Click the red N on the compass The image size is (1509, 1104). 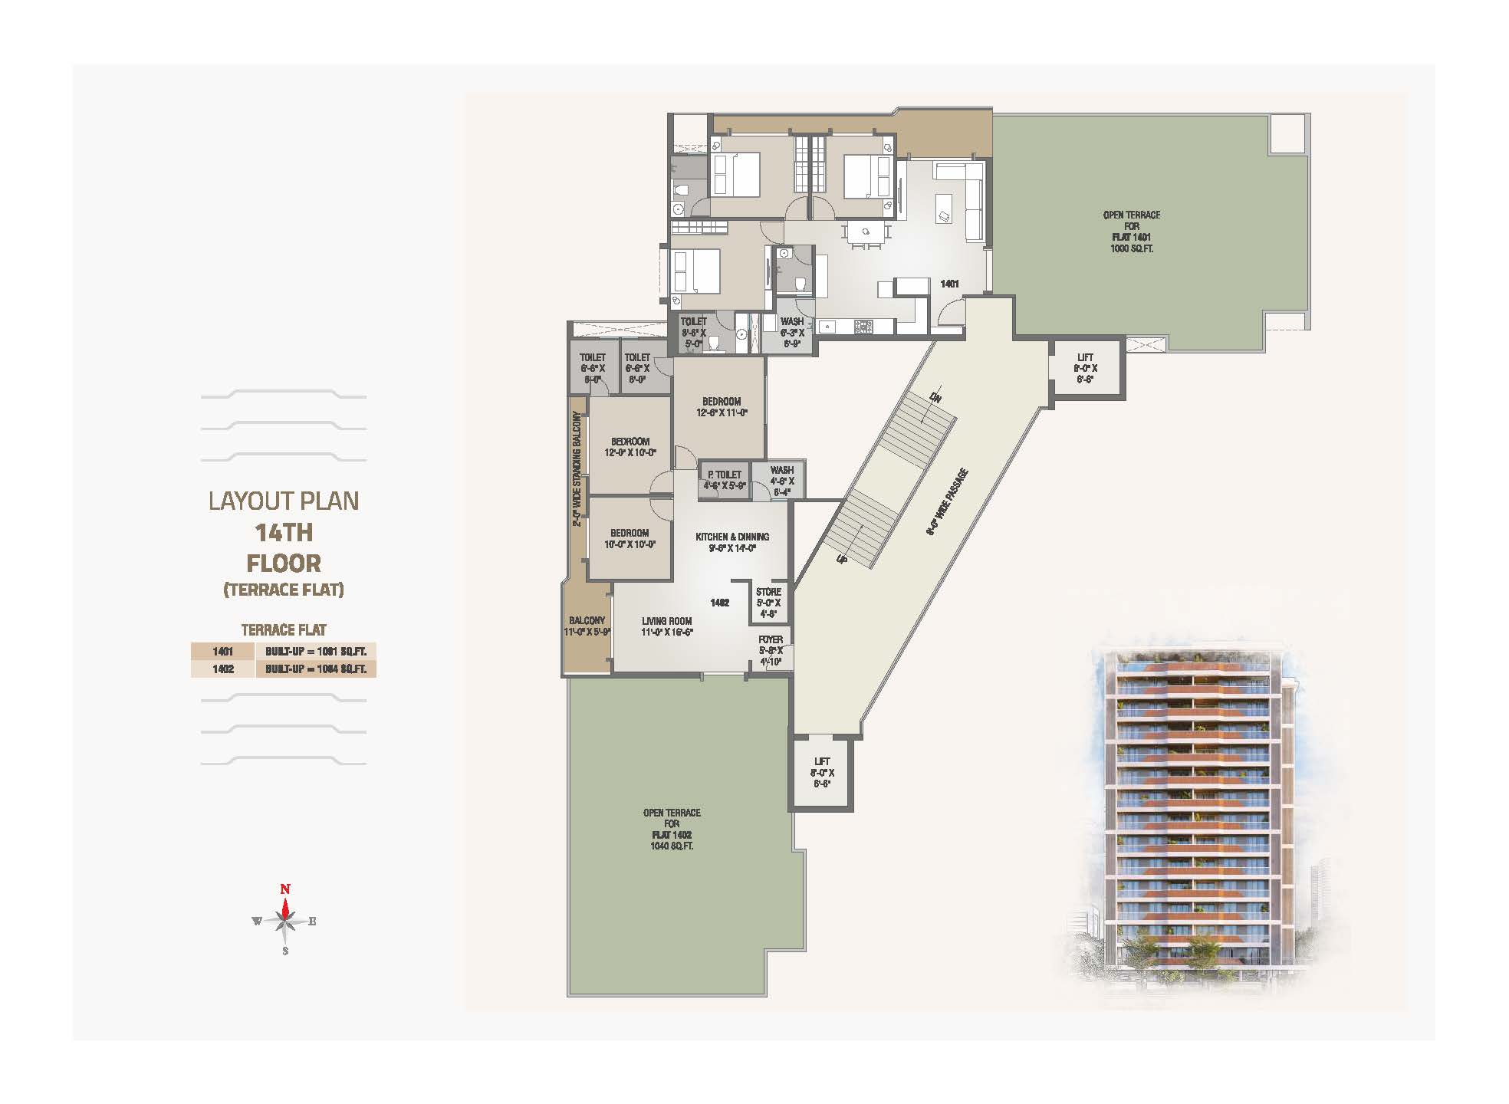(x=285, y=889)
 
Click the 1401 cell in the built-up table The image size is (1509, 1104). (x=222, y=652)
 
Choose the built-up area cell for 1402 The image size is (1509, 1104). (x=316, y=669)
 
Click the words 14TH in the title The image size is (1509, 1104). (x=284, y=532)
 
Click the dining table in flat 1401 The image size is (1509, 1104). (x=866, y=232)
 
